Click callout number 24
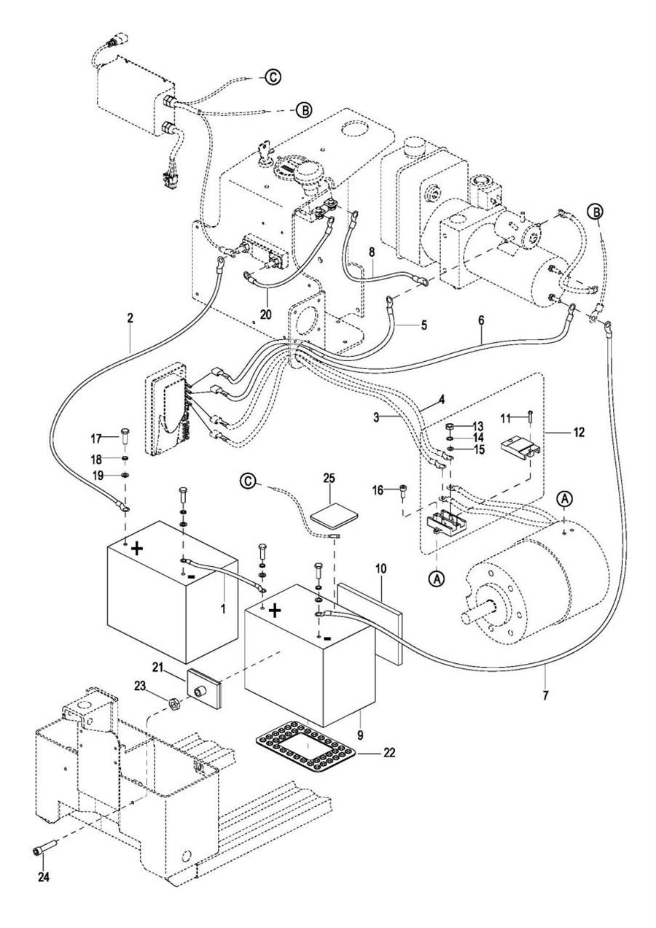click(x=44, y=877)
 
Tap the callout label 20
click(x=266, y=314)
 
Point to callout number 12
click(x=579, y=433)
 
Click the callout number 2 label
click(x=130, y=318)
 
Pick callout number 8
click(x=371, y=252)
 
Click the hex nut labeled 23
click(x=173, y=703)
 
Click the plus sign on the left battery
click(x=137, y=550)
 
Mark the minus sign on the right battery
click(x=327, y=638)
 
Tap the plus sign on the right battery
click(x=276, y=610)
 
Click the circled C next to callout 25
click(x=248, y=481)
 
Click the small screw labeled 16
click(x=401, y=490)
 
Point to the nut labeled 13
click(x=450, y=426)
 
